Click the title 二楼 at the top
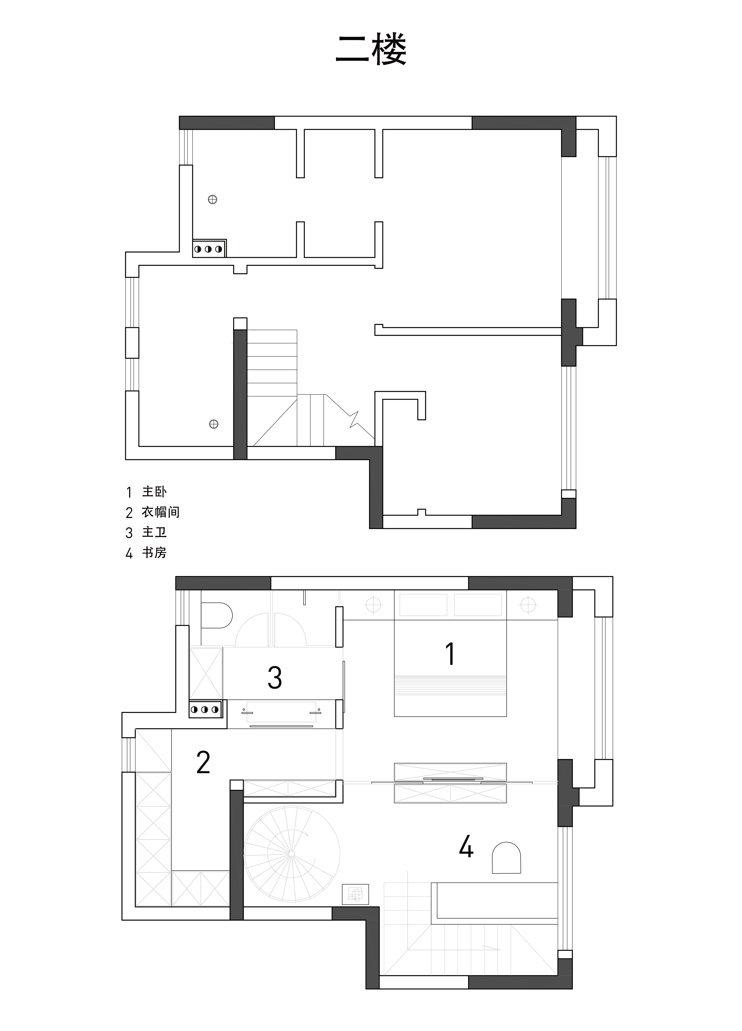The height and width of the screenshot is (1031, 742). point(371,49)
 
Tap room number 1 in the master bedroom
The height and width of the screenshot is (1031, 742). point(450,654)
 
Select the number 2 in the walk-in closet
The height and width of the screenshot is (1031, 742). point(203,762)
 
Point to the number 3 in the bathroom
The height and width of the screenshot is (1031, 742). point(275,677)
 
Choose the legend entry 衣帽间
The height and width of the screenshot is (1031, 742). point(161,512)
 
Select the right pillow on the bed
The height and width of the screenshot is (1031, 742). point(478,605)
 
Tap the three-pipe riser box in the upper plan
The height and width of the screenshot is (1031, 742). point(209,249)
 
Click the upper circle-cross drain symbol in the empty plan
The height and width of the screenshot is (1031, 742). point(212,199)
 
